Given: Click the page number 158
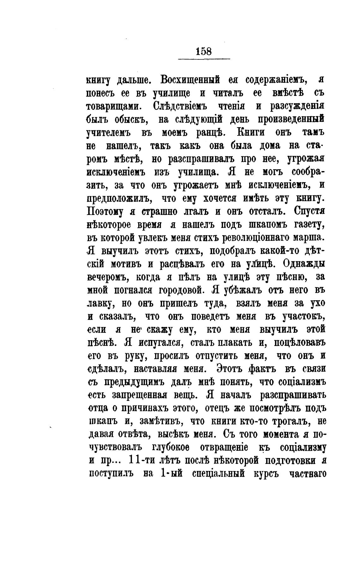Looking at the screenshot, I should pyautogui.click(x=204, y=51).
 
